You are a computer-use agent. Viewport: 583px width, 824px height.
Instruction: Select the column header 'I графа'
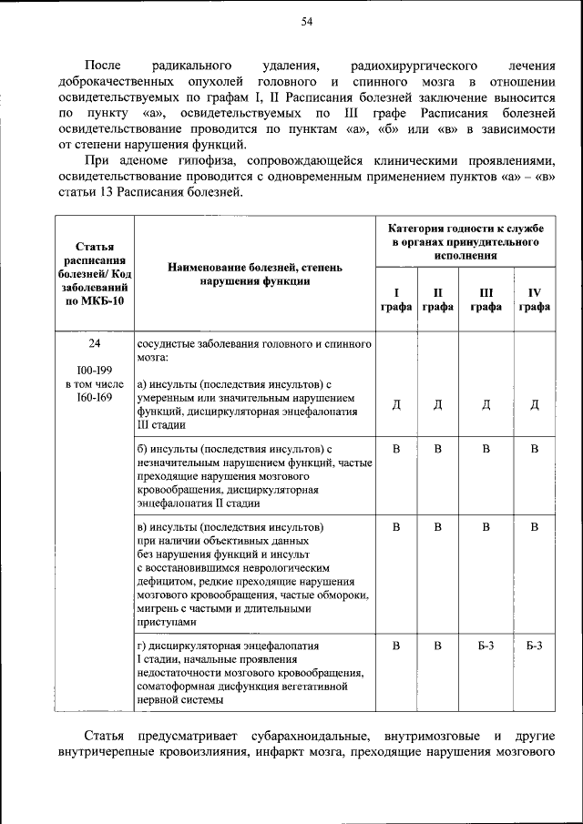point(396,300)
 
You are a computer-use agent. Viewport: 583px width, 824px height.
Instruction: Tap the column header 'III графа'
point(486,300)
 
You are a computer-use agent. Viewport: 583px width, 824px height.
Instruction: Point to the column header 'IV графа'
point(536,300)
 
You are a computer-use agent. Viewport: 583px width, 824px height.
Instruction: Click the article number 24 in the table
point(95,345)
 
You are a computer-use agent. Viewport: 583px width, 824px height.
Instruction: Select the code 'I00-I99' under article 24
point(95,371)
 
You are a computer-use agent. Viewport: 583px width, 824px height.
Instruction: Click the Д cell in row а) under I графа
point(396,405)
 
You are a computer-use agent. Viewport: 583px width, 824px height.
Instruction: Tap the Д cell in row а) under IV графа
point(536,405)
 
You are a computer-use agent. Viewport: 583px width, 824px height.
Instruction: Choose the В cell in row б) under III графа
point(486,449)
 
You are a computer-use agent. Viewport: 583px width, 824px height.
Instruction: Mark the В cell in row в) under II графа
point(437,527)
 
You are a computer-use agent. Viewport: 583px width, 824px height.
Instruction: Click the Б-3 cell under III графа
point(486,646)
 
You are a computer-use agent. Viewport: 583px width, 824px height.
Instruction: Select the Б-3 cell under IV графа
point(536,646)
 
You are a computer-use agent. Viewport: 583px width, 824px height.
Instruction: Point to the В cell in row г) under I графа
point(396,646)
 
